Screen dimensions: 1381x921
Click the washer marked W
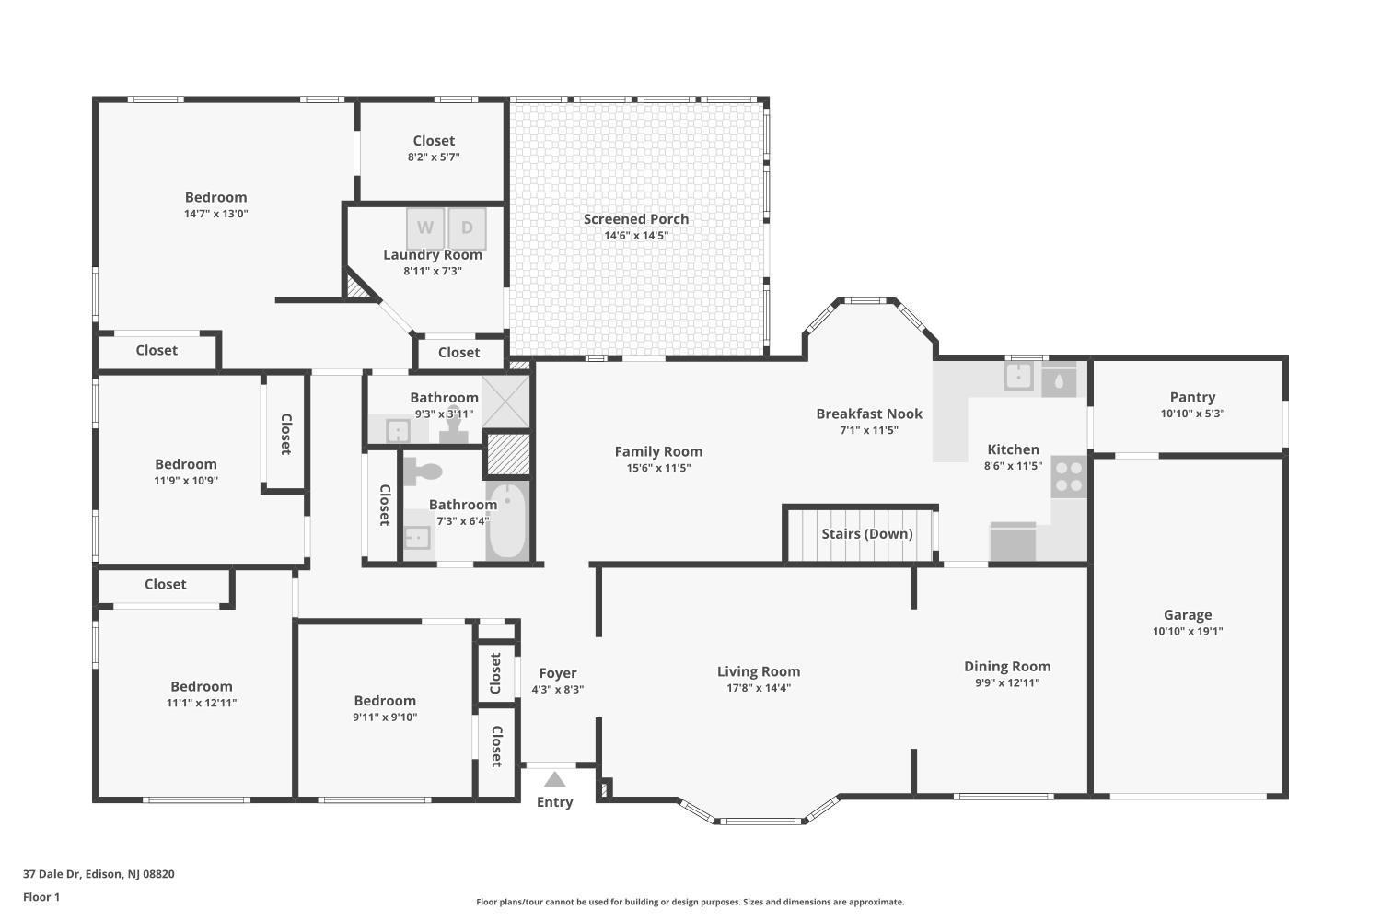[x=424, y=228]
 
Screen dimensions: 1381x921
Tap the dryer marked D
[x=467, y=228]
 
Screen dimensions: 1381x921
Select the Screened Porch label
[x=636, y=219]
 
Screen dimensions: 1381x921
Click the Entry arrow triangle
[x=554, y=779]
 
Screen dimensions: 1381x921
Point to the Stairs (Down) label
[x=867, y=533]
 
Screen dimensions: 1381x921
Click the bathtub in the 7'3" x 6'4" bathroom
[x=506, y=521]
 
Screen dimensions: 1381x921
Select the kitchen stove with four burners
[x=1069, y=476]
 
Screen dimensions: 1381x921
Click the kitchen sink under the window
[x=1018, y=376]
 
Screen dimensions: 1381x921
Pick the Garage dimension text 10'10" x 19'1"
[x=1188, y=631]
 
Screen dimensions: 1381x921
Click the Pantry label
[x=1192, y=397]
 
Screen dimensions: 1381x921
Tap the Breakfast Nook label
[x=869, y=414]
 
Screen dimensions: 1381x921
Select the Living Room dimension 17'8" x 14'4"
[x=759, y=688]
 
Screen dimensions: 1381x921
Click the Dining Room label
[x=1007, y=666]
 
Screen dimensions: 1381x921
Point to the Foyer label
[x=557, y=673]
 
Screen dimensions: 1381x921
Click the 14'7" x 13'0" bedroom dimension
[x=215, y=214]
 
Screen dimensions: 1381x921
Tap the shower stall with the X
[x=505, y=402]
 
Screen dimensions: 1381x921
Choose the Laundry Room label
[x=432, y=255]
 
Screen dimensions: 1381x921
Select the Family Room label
[x=658, y=451]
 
